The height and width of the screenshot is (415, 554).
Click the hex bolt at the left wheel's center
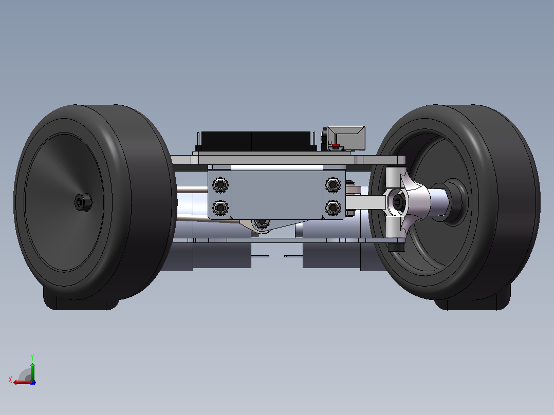click(x=83, y=202)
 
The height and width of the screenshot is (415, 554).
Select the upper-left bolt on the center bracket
click(x=220, y=185)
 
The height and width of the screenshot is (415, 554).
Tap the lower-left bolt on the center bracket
click(x=220, y=207)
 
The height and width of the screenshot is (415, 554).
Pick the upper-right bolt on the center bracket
click(x=333, y=185)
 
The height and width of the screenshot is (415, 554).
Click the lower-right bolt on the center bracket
click(x=333, y=207)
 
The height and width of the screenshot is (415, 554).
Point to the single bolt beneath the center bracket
click(x=262, y=223)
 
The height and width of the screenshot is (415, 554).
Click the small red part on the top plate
click(x=336, y=145)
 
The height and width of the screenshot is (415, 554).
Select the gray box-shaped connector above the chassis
click(x=345, y=138)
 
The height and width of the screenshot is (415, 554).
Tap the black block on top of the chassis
click(x=256, y=141)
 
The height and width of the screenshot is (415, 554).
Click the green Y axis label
click(x=32, y=357)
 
